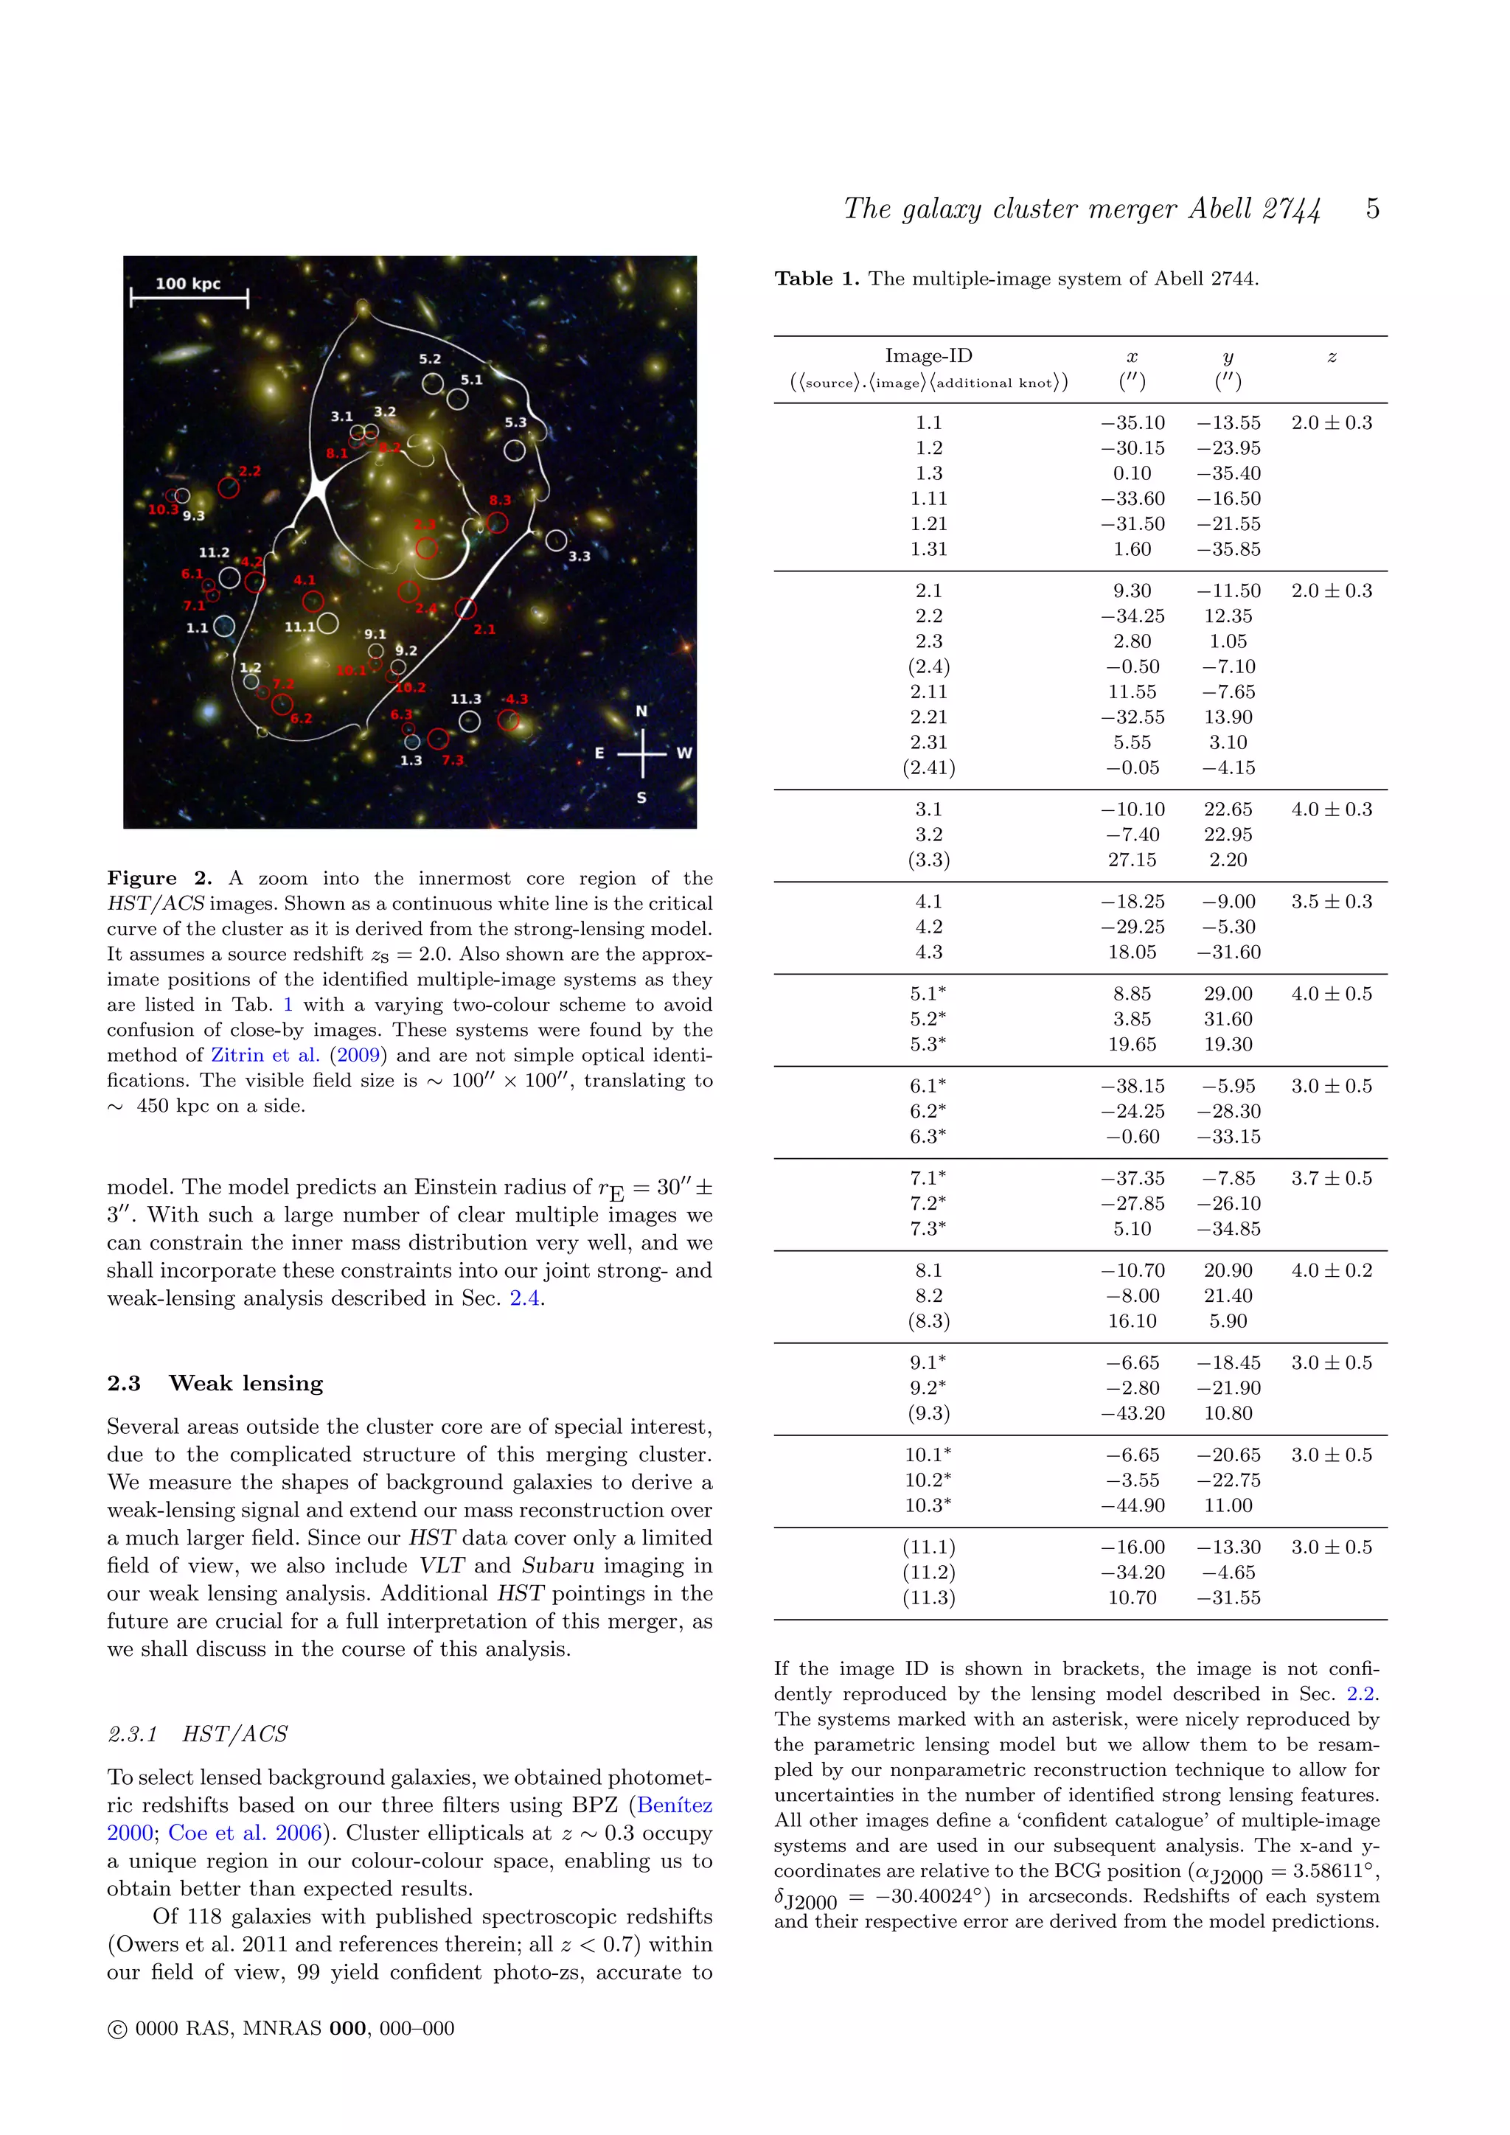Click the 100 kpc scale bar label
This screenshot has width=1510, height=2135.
click(x=188, y=284)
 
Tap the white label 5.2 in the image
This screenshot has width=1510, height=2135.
click(x=430, y=359)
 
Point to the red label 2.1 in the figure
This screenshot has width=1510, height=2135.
click(x=484, y=630)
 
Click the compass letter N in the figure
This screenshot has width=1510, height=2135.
click(x=641, y=711)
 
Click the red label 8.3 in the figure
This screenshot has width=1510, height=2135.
click(x=500, y=501)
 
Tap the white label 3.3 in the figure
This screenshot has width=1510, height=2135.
click(x=580, y=556)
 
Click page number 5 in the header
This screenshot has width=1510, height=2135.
click(x=1371, y=209)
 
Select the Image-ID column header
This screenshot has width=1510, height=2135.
click(x=928, y=355)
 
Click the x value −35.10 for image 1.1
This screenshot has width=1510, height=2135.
click(x=1132, y=423)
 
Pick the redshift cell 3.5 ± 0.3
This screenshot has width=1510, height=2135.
click(x=1331, y=902)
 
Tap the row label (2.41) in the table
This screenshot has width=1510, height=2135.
click(x=928, y=768)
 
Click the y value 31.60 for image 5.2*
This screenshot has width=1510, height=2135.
click(x=1228, y=1019)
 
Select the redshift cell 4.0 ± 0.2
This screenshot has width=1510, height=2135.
click(x=1331, y=1271)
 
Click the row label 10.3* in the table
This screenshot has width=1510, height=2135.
click(x=928, y=1505)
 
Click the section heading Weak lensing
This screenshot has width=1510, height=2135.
click(x=246, y=1384)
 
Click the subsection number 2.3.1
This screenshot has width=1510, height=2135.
click(x=132, y=1734)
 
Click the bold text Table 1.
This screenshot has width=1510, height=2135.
click(x=816, y=279)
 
